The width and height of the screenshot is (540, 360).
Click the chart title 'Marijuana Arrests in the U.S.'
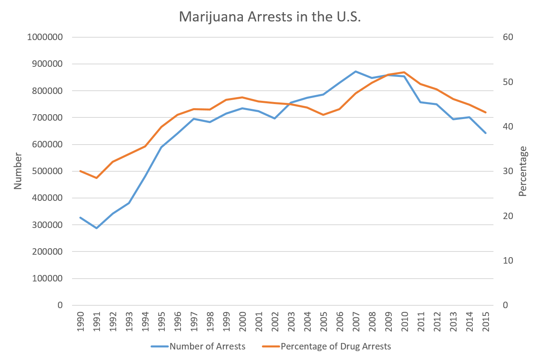[270, 17]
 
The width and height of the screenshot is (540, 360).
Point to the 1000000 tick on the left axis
[45, 37]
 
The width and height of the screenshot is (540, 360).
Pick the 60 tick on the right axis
[508, 37]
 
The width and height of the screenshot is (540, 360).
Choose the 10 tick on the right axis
[508, 260]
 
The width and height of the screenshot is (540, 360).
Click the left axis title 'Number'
[17, 170]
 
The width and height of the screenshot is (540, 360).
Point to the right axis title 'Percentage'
[523, 171]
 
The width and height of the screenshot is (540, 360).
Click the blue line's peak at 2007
[355, 71]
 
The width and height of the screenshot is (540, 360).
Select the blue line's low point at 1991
[96, 228]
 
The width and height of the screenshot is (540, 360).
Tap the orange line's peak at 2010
[404, 72]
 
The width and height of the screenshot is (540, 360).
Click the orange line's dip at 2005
[323, 115]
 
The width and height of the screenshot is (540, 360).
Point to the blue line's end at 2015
[485, 133]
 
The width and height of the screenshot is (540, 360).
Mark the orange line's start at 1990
[80, 171]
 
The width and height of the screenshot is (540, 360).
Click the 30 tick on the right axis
[508, 171]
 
